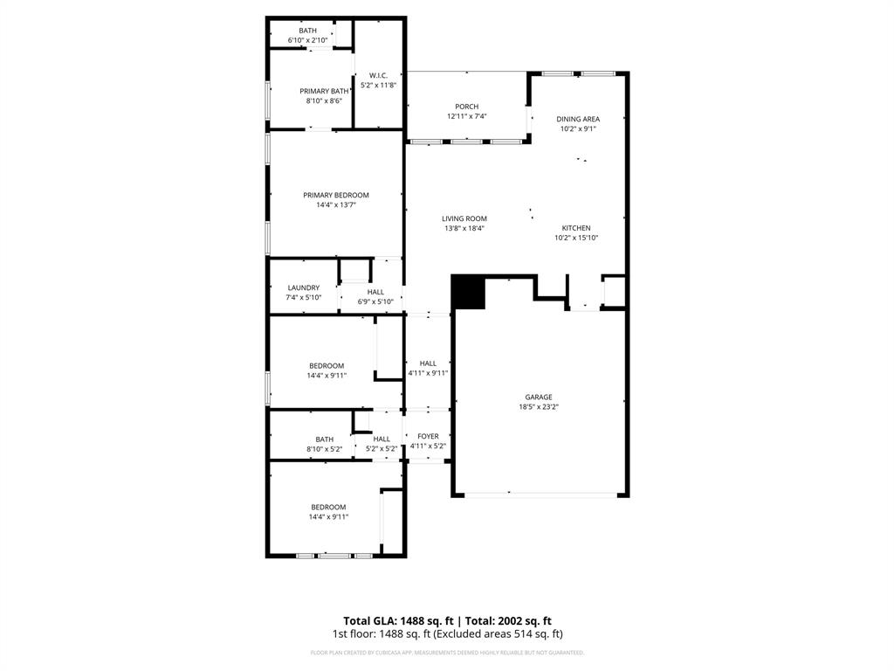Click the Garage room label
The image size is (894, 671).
[x=538, y=397]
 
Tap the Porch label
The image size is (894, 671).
[x=466, y=107]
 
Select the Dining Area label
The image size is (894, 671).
[x=578, y=119]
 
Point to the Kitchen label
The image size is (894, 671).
[x=576, y=227]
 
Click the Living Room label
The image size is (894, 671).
[x=464, y=218]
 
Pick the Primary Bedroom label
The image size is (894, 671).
[x=335, y=195]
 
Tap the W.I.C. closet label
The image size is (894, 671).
[x=378, y=75]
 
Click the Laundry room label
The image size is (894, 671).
[x=303, y=287]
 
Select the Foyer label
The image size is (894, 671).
[x=428, y=436]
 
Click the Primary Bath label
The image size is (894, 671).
[x=323, y=91]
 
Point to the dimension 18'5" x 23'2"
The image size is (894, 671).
[x=538, y=407]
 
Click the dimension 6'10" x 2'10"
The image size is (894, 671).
[x=307, y=40]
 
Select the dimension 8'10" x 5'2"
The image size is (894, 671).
[x=324, y=449]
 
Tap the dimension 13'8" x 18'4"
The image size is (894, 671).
[x=464, y=229]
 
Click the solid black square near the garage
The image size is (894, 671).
[x=468, y=292]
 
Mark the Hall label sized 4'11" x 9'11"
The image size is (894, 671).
[x=428, y=363]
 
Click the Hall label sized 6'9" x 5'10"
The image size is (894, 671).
[x=375, y=292]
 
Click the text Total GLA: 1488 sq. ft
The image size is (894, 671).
[x=397, y=619]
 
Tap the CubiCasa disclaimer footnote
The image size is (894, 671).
[x=447, y=653]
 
